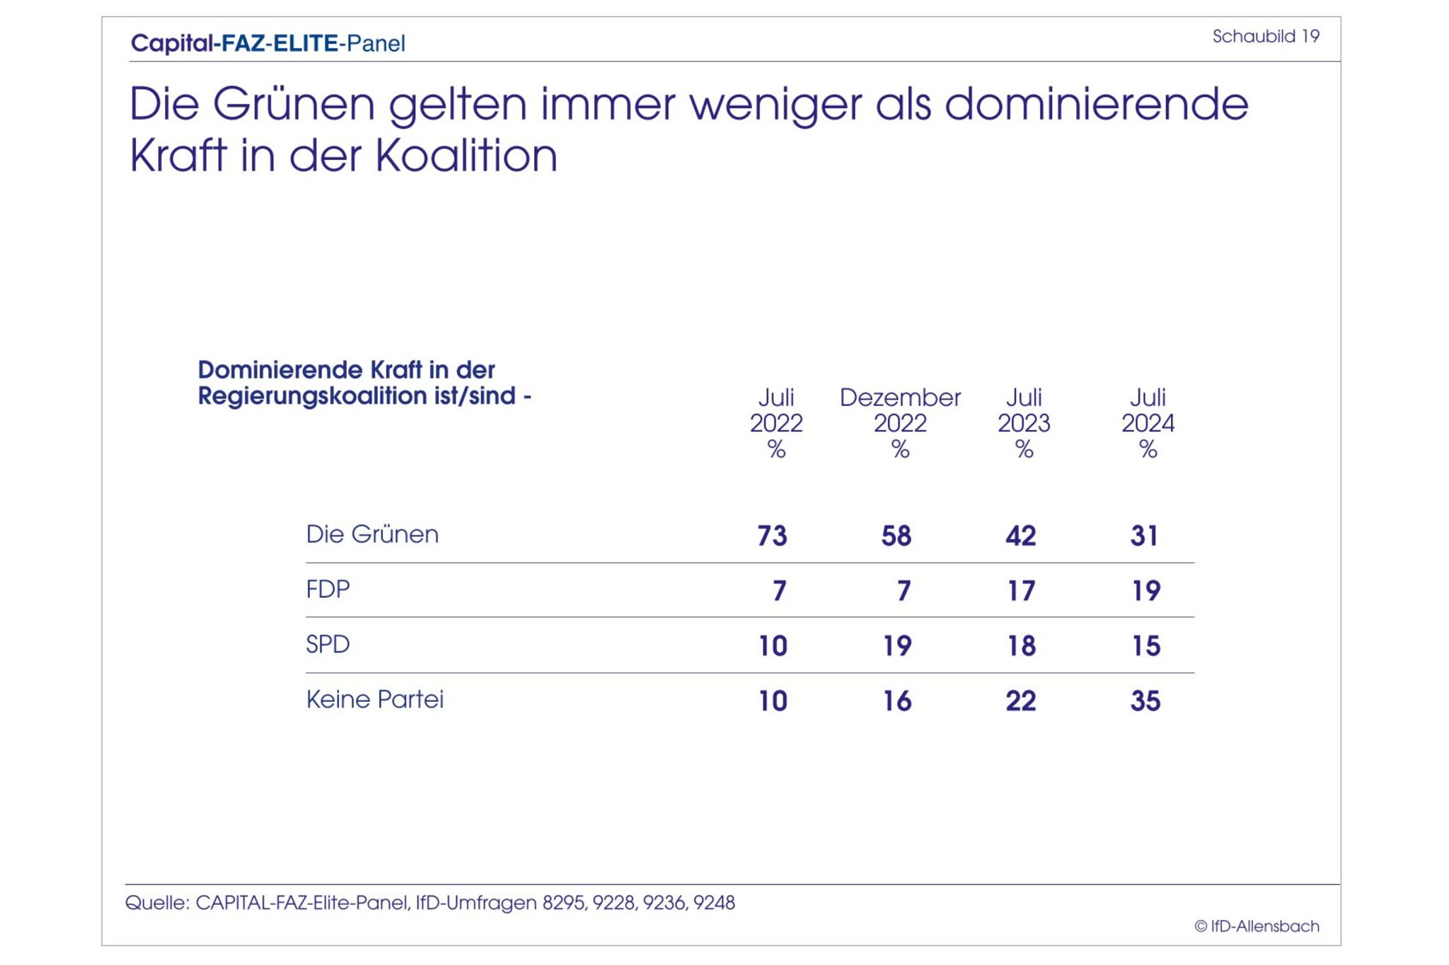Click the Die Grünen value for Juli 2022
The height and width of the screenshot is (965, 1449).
pyautogui.click(x=772, y=536)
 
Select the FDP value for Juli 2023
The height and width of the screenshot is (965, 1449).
pyautogui.click(x=1021, y=591)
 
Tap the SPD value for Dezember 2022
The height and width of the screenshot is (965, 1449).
pyautogui.click(x=897, y=646)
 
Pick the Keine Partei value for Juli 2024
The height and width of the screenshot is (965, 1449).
pyautogui.click(x=1145, y=701)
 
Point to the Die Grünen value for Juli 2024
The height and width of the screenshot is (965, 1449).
pyautogui.click(x=1144, y=536)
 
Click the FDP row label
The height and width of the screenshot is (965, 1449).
pyautogui.click(x=328, y=589)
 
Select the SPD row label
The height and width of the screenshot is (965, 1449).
pyautogui.click(x=328, y=645)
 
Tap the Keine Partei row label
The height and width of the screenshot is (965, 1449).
pyautogui.click(x=374, y=700)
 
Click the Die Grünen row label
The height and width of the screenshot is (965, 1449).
pyautogui.click(x=372, y=534)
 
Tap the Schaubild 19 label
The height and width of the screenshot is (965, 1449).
pyautogui.click(x=1266, y=36)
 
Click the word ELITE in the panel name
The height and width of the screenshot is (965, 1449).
pyautogui.click(x=306, y=43)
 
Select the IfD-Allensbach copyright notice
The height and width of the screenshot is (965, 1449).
pyautogui.click(x=1257, y=926)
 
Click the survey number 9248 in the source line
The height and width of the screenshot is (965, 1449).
pyautogui.click(x=714, y=903)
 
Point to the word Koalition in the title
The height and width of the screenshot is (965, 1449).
pyautogui.click(x=466, y=156)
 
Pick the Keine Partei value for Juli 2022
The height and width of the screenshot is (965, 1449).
pyautogui.click(x=773, y=701)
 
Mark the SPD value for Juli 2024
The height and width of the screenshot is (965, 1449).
pyautogui.click(x=1145, y=646)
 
